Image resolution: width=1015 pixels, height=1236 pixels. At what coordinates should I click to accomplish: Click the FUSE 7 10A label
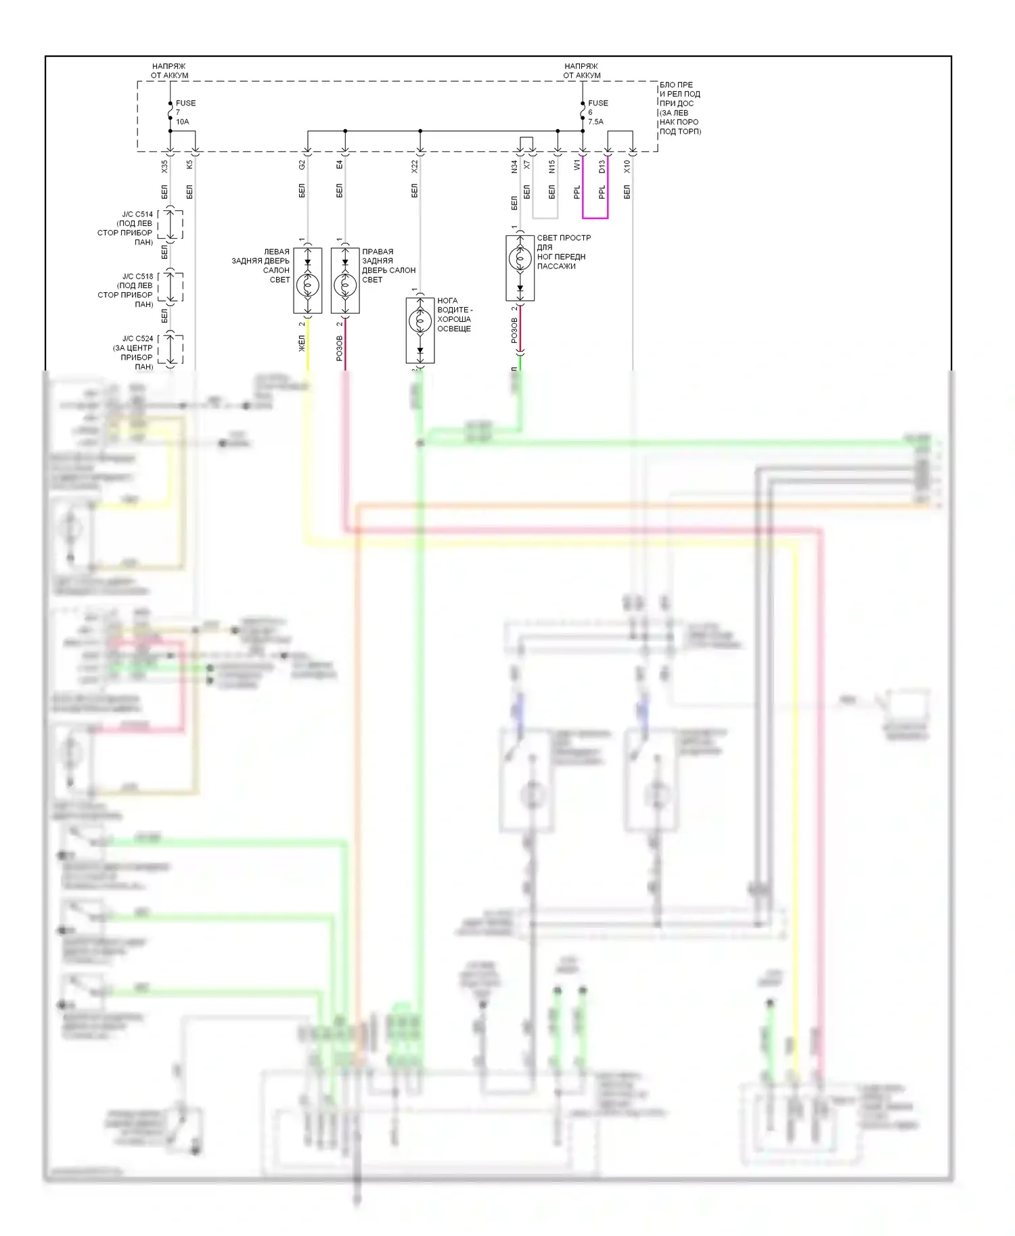(185, 112)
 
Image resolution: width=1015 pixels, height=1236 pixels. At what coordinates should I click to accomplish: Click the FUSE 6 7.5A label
(597, 112)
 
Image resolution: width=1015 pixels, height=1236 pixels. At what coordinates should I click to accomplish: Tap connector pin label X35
(164, 166)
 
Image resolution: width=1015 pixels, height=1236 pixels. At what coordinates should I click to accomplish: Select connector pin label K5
(189, 164)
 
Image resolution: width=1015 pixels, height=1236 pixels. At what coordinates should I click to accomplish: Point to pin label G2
(302, 164)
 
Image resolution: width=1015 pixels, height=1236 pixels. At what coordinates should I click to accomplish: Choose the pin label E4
(339, 164)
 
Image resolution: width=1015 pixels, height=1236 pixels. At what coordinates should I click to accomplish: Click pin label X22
(414, 166)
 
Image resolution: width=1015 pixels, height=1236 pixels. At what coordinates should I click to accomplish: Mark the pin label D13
(602, 166)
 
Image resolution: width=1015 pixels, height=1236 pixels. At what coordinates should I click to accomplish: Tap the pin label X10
(627, 166)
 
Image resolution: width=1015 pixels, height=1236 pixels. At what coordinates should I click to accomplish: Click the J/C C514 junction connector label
(127, 228)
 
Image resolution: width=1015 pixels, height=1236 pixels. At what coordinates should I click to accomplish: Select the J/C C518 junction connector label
(127, 290)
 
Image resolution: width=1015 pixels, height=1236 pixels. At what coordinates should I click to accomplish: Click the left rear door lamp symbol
(308, 285)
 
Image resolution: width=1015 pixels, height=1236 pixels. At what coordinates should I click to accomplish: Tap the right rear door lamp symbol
(345, 285)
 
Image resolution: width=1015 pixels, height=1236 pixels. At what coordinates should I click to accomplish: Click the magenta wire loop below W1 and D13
(595, 218)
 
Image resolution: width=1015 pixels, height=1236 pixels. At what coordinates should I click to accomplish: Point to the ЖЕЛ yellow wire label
(302, 343)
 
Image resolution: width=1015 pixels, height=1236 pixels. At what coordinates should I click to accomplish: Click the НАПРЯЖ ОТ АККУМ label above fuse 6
(581, 71)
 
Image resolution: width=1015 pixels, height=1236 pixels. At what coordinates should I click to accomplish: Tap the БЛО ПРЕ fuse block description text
(679, 108)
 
